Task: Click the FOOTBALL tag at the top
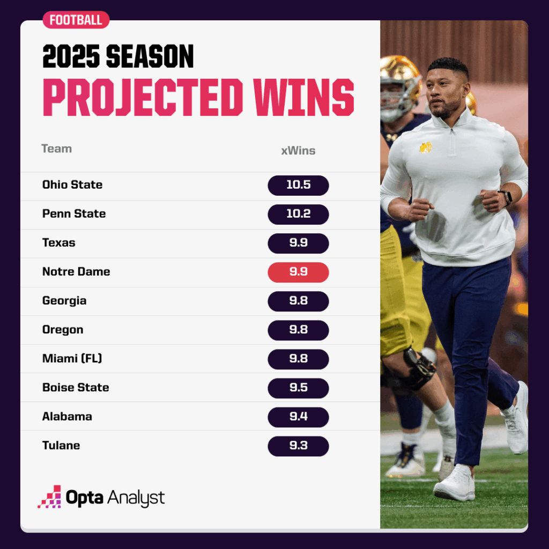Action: tap(76, 20)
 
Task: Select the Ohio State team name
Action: tap(72, 184)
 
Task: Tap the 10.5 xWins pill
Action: tap(298, 185)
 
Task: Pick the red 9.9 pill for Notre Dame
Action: tap(298, 272)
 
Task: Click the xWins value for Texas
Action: tap(298, 243)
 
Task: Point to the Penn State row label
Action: tap(74, 213)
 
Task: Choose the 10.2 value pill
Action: tap(298, 214)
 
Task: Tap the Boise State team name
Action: tap(76, 387)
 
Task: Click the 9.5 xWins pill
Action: tap(298, 388)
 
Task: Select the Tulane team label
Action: tap(61, 446)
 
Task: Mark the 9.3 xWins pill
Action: tap(298, 446)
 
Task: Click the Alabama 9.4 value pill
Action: tap(298, 417)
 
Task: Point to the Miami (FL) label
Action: tap(72, 359)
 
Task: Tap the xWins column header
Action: tap(298, 151)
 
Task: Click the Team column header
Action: tap(57, 149)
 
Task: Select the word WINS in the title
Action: tap(304, 97)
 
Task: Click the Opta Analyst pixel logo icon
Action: tap(50, 496)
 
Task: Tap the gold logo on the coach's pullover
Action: tap(425, 147)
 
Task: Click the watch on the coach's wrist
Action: tap(506, 197)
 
